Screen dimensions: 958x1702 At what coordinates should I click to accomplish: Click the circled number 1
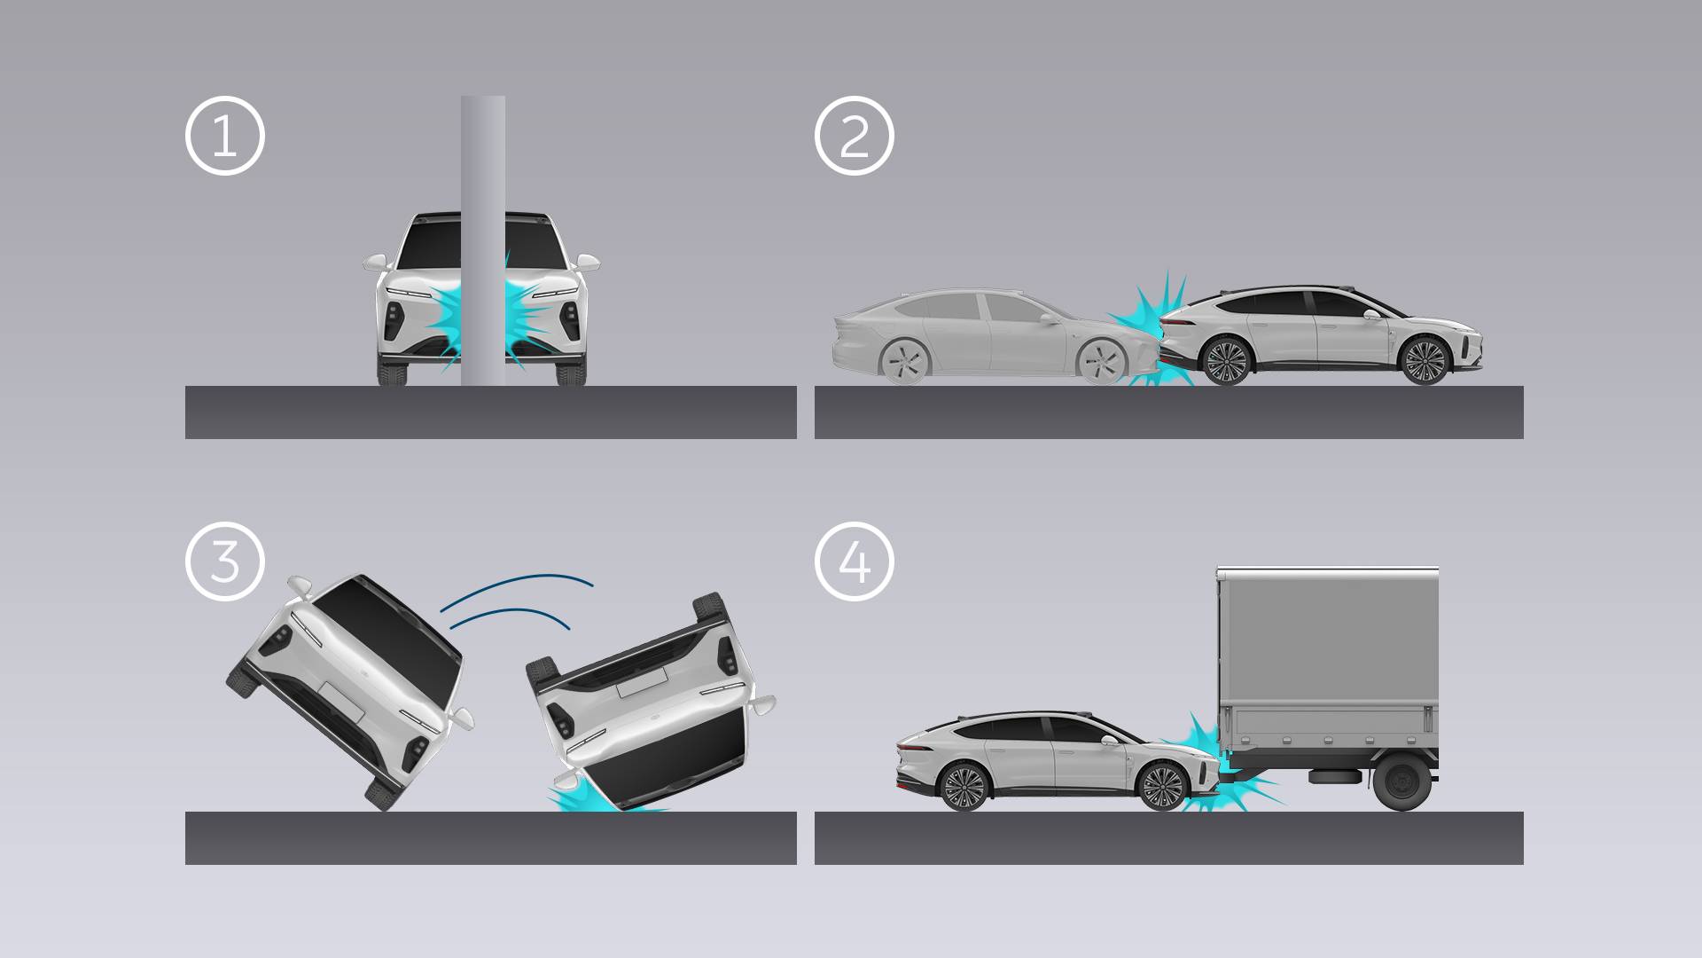coord(224,136)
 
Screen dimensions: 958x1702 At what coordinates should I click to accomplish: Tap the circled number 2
coord(854,136)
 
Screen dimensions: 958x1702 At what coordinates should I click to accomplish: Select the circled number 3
coord(224,561)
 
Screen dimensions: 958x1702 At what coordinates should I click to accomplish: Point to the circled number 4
coord(854,561)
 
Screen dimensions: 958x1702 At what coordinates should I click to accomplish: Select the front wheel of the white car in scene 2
coord(1425,360)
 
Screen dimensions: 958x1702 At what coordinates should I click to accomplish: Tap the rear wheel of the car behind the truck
coord(963,786)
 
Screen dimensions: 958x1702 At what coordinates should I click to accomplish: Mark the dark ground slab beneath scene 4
coord(1168,838)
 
